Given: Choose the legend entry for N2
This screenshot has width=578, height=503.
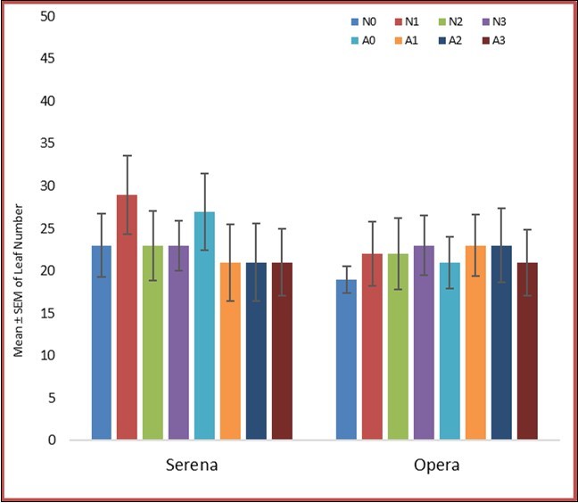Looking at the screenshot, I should point(452,22).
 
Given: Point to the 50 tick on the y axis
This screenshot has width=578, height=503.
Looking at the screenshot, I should point(50,17).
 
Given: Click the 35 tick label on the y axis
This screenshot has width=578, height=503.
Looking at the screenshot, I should point(50,144).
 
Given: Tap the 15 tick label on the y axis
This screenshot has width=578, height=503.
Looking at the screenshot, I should point(50,313).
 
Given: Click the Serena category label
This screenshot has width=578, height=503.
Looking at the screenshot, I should point(191,466).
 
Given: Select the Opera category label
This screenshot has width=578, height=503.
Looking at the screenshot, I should point(437,466).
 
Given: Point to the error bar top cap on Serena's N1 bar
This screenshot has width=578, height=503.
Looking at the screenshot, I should point(127,155).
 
